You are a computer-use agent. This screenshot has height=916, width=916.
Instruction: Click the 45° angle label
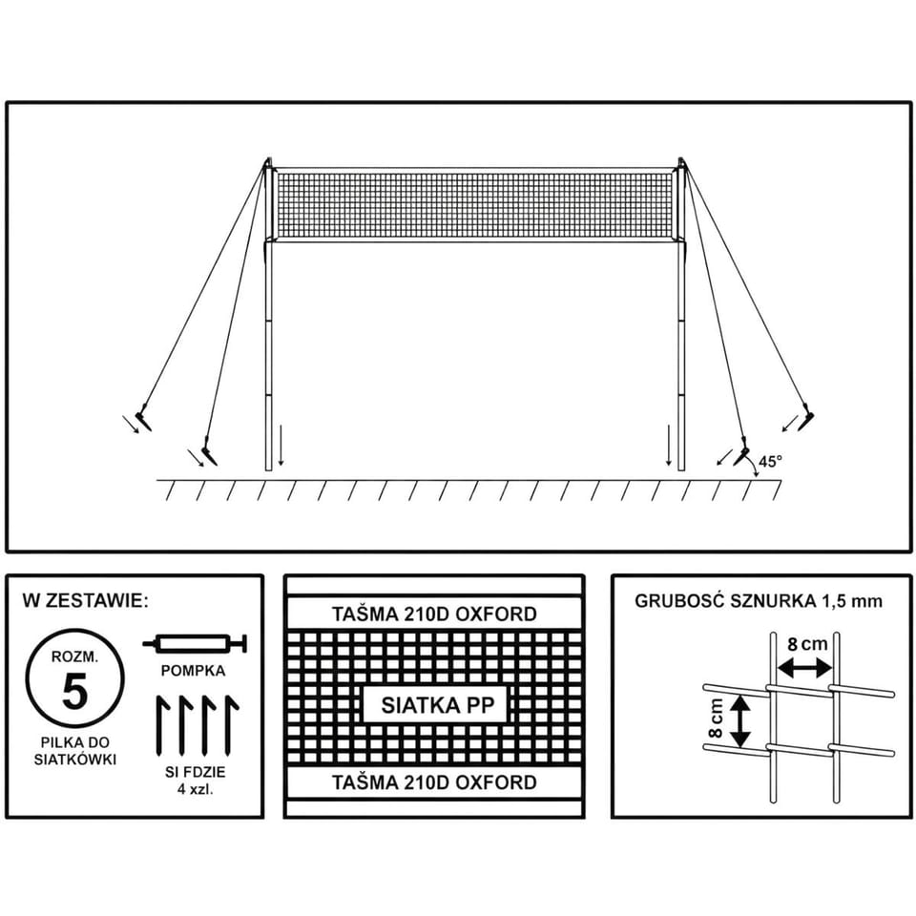pos(770,462)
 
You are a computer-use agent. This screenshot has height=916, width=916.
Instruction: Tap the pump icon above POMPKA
pos(196,644)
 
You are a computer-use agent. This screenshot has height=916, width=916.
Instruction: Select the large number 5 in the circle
pos(74,691)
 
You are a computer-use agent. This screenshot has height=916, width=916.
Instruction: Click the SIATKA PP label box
pos(437,705)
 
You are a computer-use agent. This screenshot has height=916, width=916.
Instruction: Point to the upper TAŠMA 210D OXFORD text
pos(434,614)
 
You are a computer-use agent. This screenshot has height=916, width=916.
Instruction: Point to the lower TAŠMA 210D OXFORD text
pos(434,782)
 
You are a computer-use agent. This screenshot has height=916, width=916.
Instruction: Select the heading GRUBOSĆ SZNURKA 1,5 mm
pos(759,602)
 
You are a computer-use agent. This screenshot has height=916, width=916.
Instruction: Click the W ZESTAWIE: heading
pos(86,601)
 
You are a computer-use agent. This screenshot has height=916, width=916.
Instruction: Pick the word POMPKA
pos(193,671)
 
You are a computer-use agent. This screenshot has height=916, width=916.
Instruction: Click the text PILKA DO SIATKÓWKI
pos(74,751)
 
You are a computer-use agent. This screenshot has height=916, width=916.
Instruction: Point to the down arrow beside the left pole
pos(281,446)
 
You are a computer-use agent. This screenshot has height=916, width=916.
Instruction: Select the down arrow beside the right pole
pos(669,446)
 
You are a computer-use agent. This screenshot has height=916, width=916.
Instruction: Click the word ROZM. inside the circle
pos(74,657)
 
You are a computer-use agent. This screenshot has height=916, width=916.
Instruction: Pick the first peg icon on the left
pos(162,724)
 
